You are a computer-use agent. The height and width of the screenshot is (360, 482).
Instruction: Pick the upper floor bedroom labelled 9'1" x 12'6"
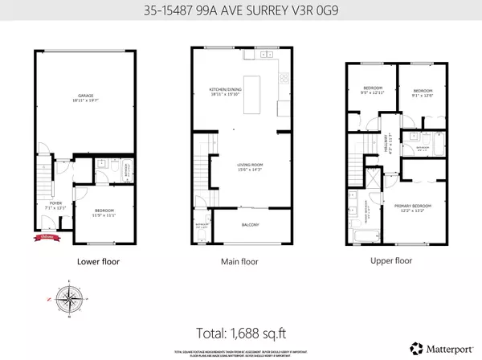click(423, 93)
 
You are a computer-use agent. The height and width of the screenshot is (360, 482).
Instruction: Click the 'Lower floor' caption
click(99, 261)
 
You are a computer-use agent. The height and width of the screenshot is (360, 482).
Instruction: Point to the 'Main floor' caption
click(239, 261)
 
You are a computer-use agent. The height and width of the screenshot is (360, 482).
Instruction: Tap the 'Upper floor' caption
click(391, 261)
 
